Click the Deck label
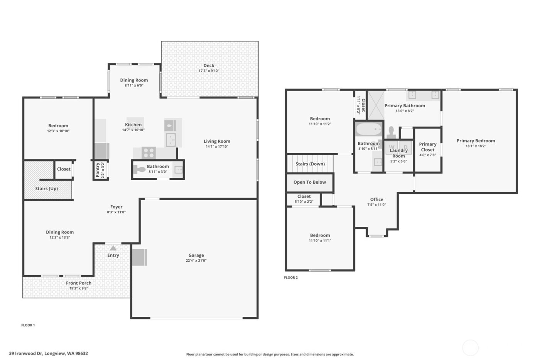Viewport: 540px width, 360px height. point(209,66)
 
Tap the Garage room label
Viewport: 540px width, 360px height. point(196,255)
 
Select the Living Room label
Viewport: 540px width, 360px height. point(217,141)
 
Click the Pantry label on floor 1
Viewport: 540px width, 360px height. point(98,170)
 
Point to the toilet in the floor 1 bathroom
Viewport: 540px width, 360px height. point(139,169)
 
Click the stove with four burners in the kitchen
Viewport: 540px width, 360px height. point(148,153)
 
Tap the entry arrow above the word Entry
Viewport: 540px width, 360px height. point(113,248)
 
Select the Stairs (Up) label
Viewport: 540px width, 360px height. point(47,189)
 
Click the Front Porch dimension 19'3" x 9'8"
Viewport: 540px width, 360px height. point(79,288)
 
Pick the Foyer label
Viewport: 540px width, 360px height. point(116,207)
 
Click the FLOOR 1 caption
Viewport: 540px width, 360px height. point(28,325)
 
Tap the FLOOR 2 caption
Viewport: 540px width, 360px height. point(291,277)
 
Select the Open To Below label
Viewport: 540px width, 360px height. point(309,182)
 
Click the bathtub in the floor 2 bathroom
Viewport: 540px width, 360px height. point(369,129)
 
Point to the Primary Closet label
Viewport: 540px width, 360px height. point(427,147)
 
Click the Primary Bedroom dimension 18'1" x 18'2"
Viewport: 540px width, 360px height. point(476,146)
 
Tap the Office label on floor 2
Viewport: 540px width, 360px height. point(376,199)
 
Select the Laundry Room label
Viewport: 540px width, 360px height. point(398,153)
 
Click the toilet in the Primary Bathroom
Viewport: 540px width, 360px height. point(391,132)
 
